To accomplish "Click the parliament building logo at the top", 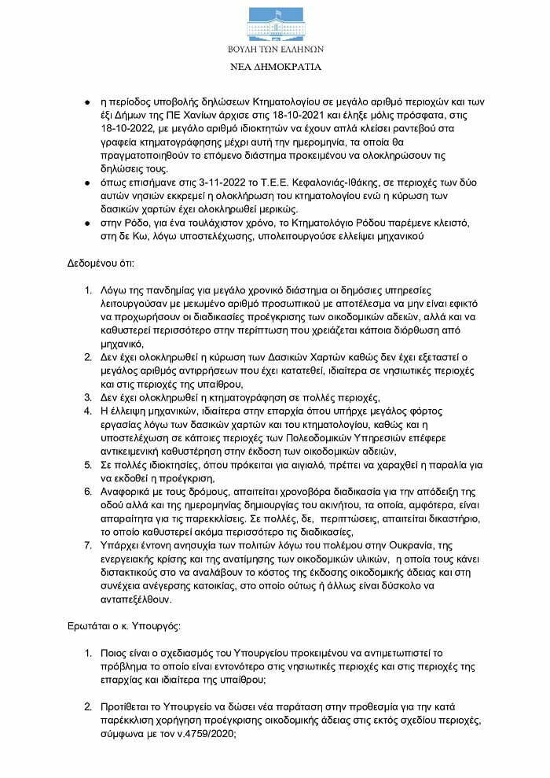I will [274, 24].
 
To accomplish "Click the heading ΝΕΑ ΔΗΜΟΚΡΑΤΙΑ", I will [275, 68].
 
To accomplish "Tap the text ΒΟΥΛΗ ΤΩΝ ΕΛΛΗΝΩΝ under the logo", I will [275, 50].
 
